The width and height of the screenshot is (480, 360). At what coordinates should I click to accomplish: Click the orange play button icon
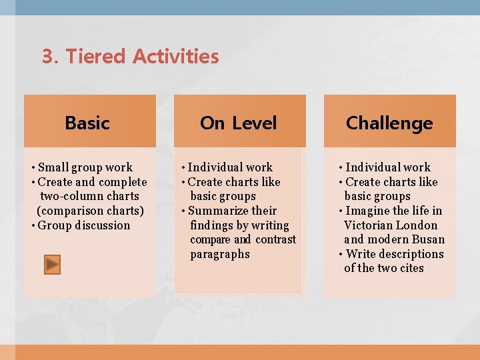point(53,265)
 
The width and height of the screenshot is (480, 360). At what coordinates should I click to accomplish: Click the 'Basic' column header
point(87,123)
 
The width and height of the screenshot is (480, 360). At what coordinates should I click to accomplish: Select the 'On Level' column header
point(238,123)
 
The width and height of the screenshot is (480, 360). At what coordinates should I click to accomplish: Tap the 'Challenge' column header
point(389,123)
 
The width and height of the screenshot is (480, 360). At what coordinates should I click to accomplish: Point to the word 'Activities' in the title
point(175,57)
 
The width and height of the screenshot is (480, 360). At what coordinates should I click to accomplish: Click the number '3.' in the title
point(51,57)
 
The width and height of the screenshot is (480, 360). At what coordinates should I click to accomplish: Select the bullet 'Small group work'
point(85,167)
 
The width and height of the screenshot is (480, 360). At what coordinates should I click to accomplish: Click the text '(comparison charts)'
point(90,211)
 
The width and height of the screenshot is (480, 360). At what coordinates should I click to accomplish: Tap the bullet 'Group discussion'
point(84,225)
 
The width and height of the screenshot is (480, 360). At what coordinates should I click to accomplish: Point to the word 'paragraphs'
point(220,254)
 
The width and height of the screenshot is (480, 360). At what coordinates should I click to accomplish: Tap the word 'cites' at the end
point(411,268)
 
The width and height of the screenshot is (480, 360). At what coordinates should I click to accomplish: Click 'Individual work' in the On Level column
point(230,167)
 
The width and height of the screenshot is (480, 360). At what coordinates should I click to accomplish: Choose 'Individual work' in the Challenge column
point(387,167)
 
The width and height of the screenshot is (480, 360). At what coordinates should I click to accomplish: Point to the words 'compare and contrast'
point(243,239)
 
